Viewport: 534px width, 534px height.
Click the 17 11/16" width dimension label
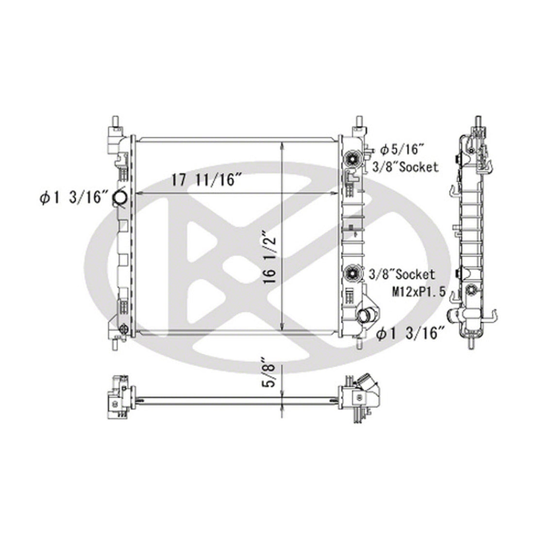point(206,181)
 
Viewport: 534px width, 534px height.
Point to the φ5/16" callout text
point(402,148)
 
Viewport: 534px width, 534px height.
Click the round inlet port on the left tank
point(119,198)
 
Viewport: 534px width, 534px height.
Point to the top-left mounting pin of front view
point(117,122)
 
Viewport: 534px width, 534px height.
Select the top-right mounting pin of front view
point(359,122)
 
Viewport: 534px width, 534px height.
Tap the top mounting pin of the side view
point(478,122)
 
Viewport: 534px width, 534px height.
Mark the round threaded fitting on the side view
point(469,290)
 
